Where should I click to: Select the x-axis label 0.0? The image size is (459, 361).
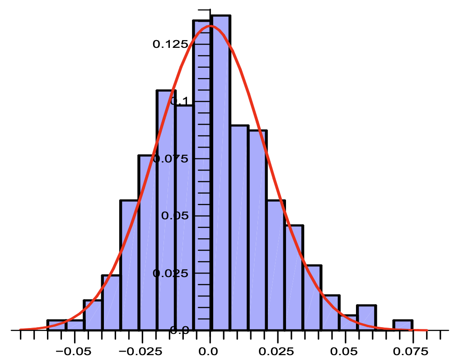(x=210, y=351)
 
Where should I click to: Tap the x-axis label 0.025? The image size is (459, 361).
(x=277, y=351)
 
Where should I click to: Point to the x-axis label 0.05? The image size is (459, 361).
(x=345, y=351)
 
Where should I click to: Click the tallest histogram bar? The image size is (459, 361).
(x=220, y=171)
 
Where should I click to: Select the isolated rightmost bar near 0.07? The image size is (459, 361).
(x=403, y=325)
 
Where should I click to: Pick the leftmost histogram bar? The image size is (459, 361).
(x=56, y=325)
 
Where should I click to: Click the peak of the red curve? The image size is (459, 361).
(x=210, y=26)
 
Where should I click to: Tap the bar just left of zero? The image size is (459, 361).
(x=201, y=176)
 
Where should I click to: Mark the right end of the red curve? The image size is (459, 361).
(x=426, y=330)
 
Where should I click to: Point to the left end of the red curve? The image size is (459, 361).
(x=21, y=330)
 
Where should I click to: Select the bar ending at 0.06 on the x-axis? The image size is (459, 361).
(x=366, y=318)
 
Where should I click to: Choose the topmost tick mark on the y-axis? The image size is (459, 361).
(x=205, y=9)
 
